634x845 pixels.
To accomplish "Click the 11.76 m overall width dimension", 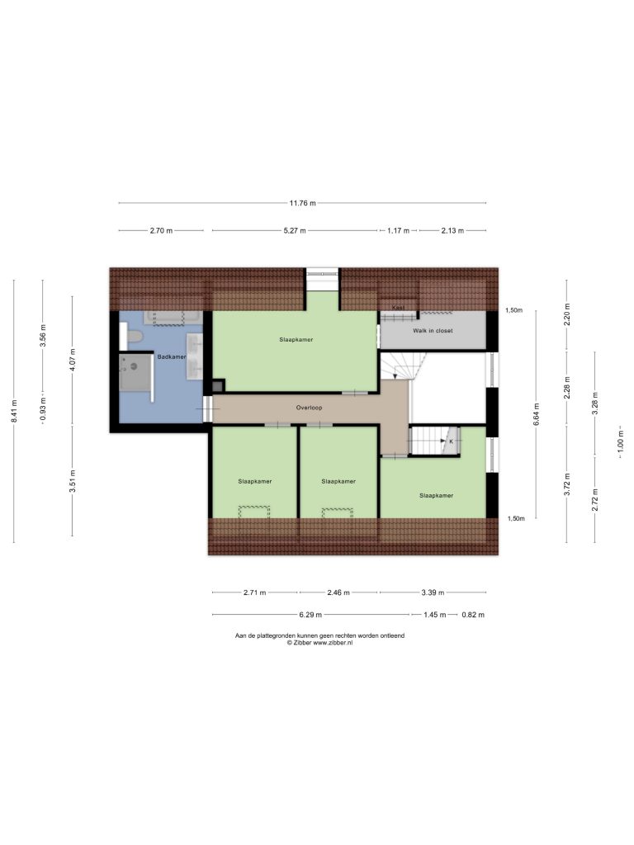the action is pos(302,203).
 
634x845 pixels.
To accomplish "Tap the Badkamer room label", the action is pos(172,356).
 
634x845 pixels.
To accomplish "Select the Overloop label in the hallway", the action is pos(309,408).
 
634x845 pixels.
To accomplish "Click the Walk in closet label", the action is pos(433,331).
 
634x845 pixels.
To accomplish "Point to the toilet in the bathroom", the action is pos(134,337).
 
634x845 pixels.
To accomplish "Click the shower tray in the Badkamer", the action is pos(135,371).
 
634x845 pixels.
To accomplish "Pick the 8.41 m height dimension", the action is pos(15,411).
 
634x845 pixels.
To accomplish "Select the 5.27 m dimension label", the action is pos(295,231).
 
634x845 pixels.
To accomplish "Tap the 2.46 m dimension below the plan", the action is pos(338,592).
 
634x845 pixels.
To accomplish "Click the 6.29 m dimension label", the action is pos(310,615).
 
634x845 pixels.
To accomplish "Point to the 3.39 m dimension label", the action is pos(433,592).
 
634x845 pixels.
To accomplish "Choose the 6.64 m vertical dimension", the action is pos(536,414).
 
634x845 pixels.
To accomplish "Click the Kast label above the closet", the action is pos(399,308).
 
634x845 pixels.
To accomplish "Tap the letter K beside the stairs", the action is pos(452,441).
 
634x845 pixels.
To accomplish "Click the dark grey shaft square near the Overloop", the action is pos(217,386).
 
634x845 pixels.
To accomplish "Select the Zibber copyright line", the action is pos(319,643).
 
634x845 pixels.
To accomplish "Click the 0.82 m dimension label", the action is pos(473,615).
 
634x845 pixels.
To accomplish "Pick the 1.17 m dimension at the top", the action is pos(399,231).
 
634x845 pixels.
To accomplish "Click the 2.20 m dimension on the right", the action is pos(566,314).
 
